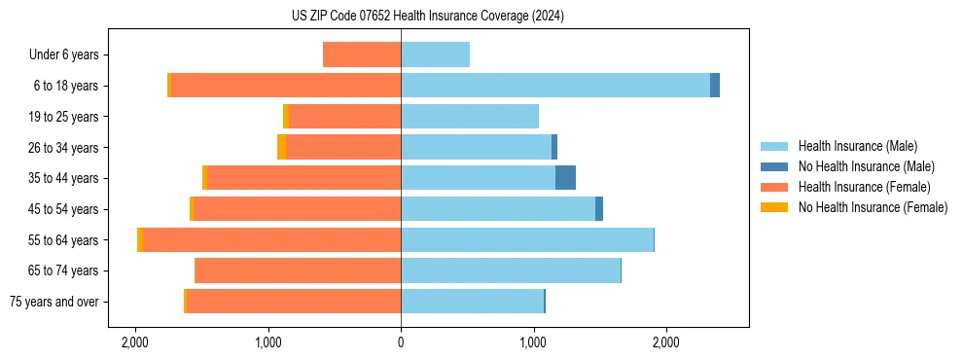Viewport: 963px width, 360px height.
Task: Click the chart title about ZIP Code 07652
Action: tap(427, 16)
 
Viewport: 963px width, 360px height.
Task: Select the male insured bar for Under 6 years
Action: tap(435, 54)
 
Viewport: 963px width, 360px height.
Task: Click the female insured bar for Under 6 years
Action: tap(362, 54)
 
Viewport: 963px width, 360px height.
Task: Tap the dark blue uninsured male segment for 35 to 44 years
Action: tap(565, 178)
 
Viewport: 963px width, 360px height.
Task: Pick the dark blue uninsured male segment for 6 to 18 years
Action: tap(715, 86)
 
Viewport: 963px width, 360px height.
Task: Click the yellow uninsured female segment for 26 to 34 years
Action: tap(281, 147)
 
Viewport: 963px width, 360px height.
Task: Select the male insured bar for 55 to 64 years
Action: tap(527, 239)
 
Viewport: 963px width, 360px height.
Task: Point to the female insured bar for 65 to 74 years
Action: tap(298, 270)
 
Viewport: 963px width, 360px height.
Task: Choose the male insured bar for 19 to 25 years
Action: tap(470, 117)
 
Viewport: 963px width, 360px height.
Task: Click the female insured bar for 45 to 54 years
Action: tap(297, 209)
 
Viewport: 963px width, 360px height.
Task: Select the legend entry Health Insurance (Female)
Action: tap(864, 187)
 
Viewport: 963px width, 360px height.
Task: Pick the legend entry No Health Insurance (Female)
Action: tap(873, 207)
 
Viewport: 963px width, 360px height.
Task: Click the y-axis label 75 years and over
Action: tap(53, 302)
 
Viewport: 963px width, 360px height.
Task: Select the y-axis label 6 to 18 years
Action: tap(65, 86)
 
